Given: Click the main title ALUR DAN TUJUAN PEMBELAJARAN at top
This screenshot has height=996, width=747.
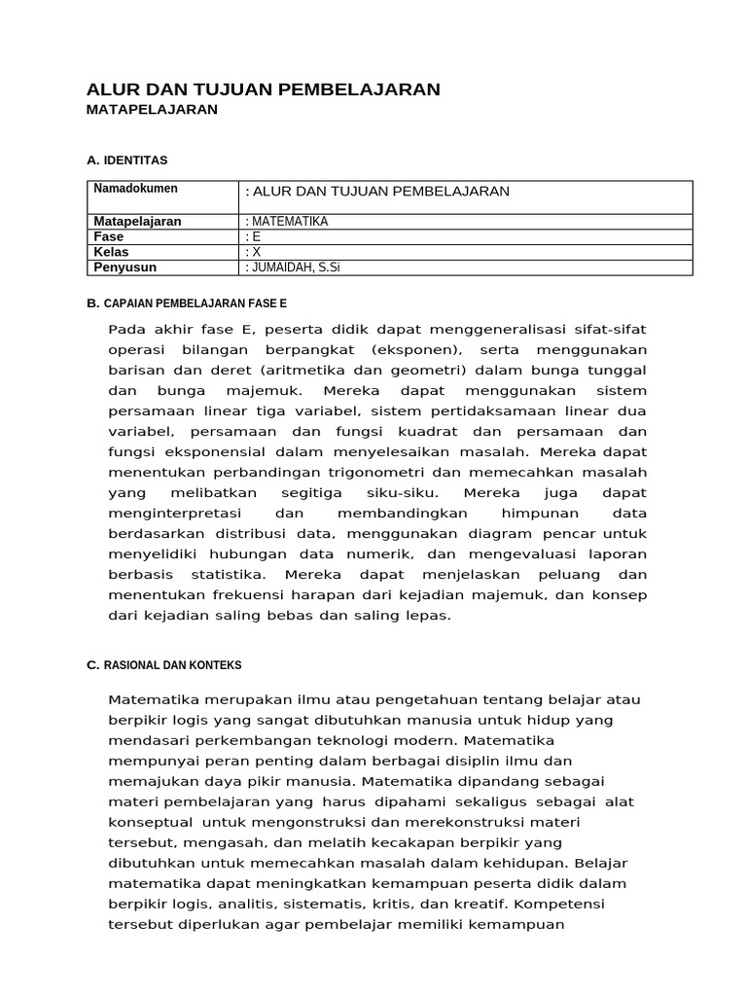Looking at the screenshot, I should (x=264, y=89).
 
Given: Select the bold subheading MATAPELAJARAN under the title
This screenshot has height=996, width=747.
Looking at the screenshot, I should (x=152, y=110).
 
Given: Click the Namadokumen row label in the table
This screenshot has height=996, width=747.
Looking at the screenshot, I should (x=135, y=189).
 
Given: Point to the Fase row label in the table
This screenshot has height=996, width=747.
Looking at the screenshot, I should (x=109, y=236).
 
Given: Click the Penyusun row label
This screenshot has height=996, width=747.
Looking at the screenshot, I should (x=124, y=267).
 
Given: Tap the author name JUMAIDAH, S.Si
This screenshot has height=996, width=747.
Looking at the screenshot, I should (x=296, y=267).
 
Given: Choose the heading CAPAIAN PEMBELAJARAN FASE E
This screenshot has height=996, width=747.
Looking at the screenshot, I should (x=195, y=303).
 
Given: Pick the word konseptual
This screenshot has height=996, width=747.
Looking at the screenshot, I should (x=150, y=821).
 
